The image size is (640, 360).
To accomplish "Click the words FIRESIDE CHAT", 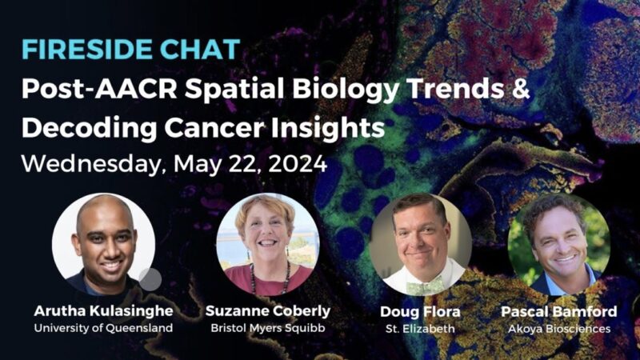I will pyautogui.click(x=130, y=49).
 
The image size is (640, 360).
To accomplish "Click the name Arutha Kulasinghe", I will pyautogui.click(x=103, y=310).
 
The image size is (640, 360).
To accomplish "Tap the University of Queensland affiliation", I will pyautogui.click(x=103, y=328).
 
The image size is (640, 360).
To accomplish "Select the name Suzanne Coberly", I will pyautogui.click(x=267, y=310).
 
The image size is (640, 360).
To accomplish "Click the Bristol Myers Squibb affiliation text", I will pyautogui.click(x=267, y=328).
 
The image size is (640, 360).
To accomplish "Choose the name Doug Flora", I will pyautogui.click(x=420, y=310).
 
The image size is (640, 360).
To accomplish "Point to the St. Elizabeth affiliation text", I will pyautogui.click(x=420, y=328).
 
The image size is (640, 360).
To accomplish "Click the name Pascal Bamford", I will pyautogui.click(x=558, y=310).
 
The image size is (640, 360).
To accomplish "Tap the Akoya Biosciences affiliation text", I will pyautogui.click(x=558, y=328).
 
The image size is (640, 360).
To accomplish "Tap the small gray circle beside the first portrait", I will pyautogui.click(x=150, y=279).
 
